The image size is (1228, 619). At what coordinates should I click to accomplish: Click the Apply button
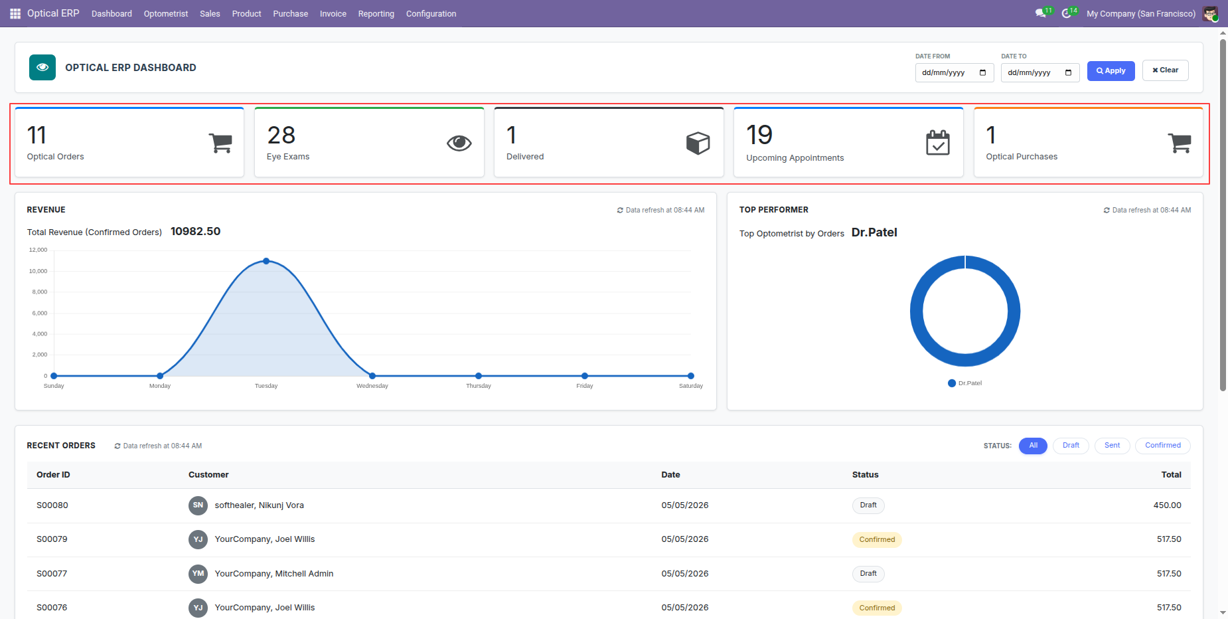(1111, 71)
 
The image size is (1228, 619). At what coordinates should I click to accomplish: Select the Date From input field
(954, 72)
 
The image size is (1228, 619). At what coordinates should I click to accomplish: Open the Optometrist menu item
(166, 13)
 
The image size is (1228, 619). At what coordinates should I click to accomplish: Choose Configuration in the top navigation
(431, 13)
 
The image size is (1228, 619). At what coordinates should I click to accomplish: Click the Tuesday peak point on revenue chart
(266, 261)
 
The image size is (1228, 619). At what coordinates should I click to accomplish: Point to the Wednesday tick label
(372, 386)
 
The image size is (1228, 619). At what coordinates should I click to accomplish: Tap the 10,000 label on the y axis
(38, 271)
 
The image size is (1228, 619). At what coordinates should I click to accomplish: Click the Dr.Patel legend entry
(965, 383)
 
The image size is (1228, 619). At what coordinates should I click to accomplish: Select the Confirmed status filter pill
(1163, 446)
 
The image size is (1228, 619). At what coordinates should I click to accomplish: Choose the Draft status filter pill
(1071, 446)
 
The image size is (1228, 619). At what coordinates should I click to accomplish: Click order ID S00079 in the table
(52, 539)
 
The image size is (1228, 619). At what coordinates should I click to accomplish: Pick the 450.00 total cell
(1167, 505)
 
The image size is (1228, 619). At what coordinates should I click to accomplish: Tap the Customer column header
(208, 475)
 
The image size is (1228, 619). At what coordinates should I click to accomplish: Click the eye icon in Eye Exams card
(459, 143)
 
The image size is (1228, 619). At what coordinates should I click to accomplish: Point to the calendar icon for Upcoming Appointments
(938, 143)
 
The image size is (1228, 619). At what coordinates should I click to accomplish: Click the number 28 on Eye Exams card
(281, 135)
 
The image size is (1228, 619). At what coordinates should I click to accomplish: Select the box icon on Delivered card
(698, 143)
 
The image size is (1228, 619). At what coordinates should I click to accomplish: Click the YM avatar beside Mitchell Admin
(198, 574)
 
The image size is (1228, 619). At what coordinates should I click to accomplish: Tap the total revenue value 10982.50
(195, 231)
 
